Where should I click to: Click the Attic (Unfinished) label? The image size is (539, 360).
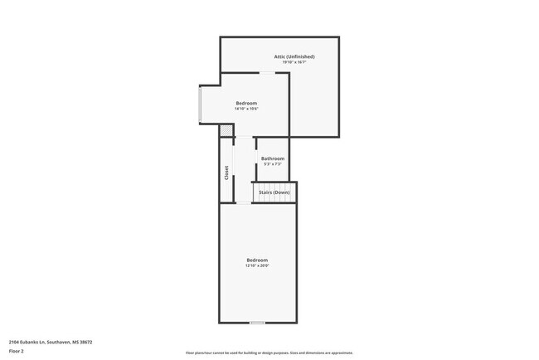tap(294, 56)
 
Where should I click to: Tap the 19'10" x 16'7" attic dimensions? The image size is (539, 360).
tap(294, 62)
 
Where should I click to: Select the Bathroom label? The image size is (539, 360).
tap(273, 158)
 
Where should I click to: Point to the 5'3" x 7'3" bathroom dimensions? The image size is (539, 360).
tap(273, 164)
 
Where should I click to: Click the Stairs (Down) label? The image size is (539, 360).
tap(274, 192)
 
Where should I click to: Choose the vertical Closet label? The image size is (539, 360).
tap(226, 173)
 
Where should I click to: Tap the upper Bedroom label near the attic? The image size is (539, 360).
tap(246, 103)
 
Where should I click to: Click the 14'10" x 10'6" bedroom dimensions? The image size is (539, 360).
tap(246, 109)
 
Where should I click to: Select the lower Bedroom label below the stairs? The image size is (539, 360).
tap(257, 260)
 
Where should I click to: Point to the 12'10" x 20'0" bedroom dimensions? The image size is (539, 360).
tap(257, 266)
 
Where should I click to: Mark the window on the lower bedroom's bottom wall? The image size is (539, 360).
tap(258, 323)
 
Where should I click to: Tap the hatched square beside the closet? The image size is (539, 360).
tap(226, 130)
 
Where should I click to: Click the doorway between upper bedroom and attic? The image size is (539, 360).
tap(269, 73)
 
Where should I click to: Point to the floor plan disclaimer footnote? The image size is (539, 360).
tap(269, 353)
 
